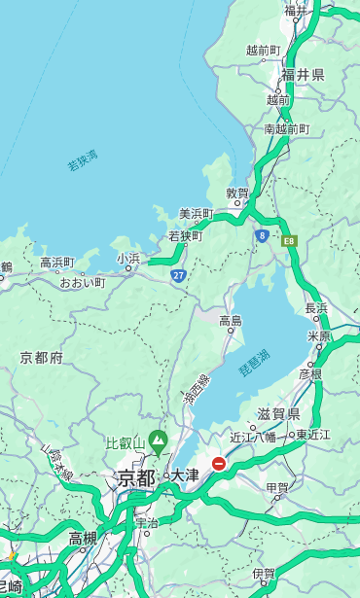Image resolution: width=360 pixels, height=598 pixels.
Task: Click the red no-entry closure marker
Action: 220,464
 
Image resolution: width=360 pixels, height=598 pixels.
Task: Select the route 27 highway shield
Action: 178,276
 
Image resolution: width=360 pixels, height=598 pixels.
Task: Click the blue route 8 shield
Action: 262,235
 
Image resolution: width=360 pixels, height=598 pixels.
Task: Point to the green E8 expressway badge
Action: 289,239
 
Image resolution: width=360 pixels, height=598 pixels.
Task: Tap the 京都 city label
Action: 136,477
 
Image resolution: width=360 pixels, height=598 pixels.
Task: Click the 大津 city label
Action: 185,475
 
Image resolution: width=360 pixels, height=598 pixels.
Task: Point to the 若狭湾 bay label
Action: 83,160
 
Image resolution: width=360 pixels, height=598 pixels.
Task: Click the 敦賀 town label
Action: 238,193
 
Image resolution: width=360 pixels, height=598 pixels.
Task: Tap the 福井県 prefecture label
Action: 303,74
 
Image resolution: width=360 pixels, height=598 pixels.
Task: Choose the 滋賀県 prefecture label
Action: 278,414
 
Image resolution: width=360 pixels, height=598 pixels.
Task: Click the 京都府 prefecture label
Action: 41,358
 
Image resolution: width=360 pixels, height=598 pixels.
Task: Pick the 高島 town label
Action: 231,320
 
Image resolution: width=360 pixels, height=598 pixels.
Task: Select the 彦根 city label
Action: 310,373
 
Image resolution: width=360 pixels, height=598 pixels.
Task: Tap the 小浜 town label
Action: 128,259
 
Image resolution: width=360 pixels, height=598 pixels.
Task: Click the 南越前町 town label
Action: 286,128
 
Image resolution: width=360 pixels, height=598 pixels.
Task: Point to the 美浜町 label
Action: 196,214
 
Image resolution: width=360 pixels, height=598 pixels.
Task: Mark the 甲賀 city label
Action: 277,488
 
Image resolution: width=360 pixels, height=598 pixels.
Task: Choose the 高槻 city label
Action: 83,538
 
